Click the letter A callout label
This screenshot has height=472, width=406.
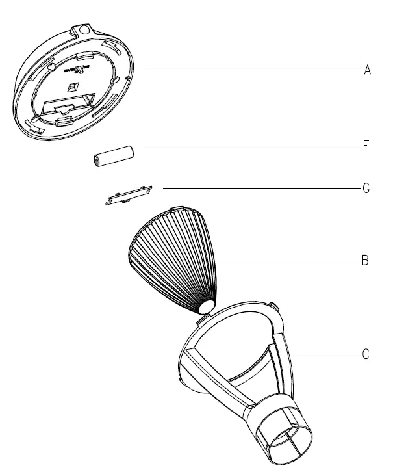click(x=367, y=70)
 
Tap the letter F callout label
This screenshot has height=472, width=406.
click(x=367, y=146)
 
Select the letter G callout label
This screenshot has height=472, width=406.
click(x=367, y=189)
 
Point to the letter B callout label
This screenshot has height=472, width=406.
click(x=366, y=261)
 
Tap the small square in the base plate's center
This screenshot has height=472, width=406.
click(x=73, y=86)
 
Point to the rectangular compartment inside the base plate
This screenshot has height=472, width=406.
click(x=65, y=106)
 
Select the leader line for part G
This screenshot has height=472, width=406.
click(x=260, y=189)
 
